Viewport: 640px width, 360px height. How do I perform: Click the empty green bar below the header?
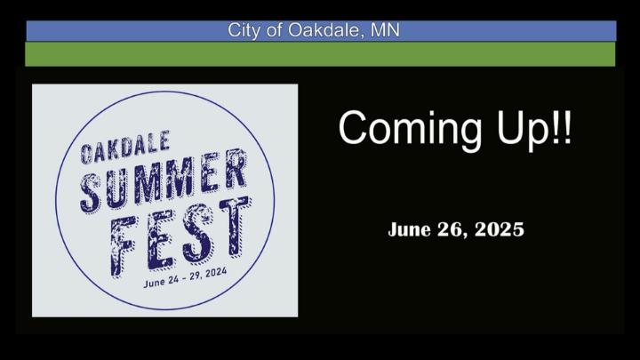pyautogui.click(x=320, y=54)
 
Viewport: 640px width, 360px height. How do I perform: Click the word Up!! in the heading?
pyautogui.click(x=534, y=128)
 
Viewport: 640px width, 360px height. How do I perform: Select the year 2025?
pyautogui.click(x=500, y=229)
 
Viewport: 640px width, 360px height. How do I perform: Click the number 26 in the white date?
pyautogui.click(x=452, y=230)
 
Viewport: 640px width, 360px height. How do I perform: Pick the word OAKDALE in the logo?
pyautogui.click(x=125, y=148)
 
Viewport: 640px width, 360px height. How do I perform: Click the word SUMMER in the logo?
pyautogui.click(x=164, y=180)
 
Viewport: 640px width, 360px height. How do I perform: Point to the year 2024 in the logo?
pyautogui.click(x=216, y=273)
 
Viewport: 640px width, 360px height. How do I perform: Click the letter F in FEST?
pyautogui.click(x=123, y=246)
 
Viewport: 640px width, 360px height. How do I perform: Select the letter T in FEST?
pyautogui.click(x=235, y=227)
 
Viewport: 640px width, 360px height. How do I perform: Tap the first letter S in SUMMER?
pyautogui.click(x=91, y=193)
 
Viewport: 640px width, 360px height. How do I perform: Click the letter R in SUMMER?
pyautogui.click(x=236, y=169)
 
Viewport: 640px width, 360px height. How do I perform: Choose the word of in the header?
pyautogui.click(x=275, y=30)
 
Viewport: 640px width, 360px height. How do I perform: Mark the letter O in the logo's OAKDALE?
pyautogui.click(x=86, y=155)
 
